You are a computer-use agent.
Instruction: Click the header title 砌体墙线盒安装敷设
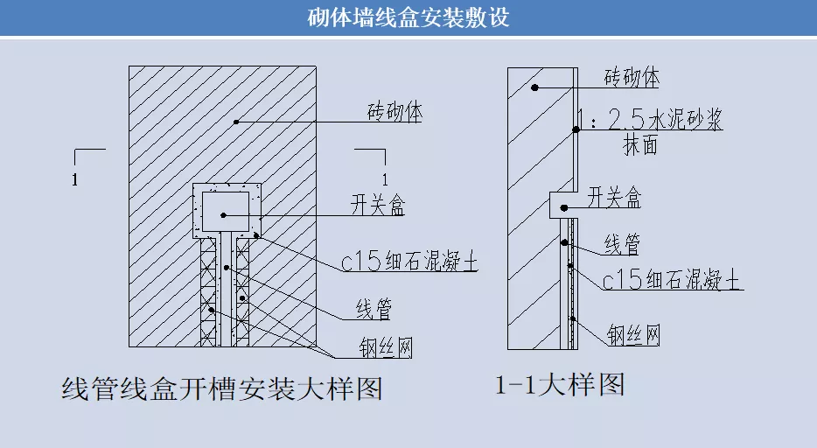pos(408,17)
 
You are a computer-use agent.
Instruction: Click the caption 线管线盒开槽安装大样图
pos(223,388)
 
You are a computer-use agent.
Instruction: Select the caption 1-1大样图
pos(560,384)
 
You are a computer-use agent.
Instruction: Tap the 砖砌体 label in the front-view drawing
pos(395,113)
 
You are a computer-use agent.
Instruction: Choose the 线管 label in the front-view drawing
pos(373,308)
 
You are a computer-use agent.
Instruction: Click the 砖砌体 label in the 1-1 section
pos(632,77)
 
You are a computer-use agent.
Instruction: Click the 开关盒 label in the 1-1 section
pos(614,199)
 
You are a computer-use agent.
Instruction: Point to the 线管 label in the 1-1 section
pos(622,245)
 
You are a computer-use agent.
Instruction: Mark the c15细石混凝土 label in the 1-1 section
pos(672,281)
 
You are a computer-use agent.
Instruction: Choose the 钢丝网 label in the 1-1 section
pos(633,333)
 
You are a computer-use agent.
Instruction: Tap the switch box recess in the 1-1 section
pos(562,205)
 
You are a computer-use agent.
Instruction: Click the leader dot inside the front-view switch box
pos(225,214)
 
